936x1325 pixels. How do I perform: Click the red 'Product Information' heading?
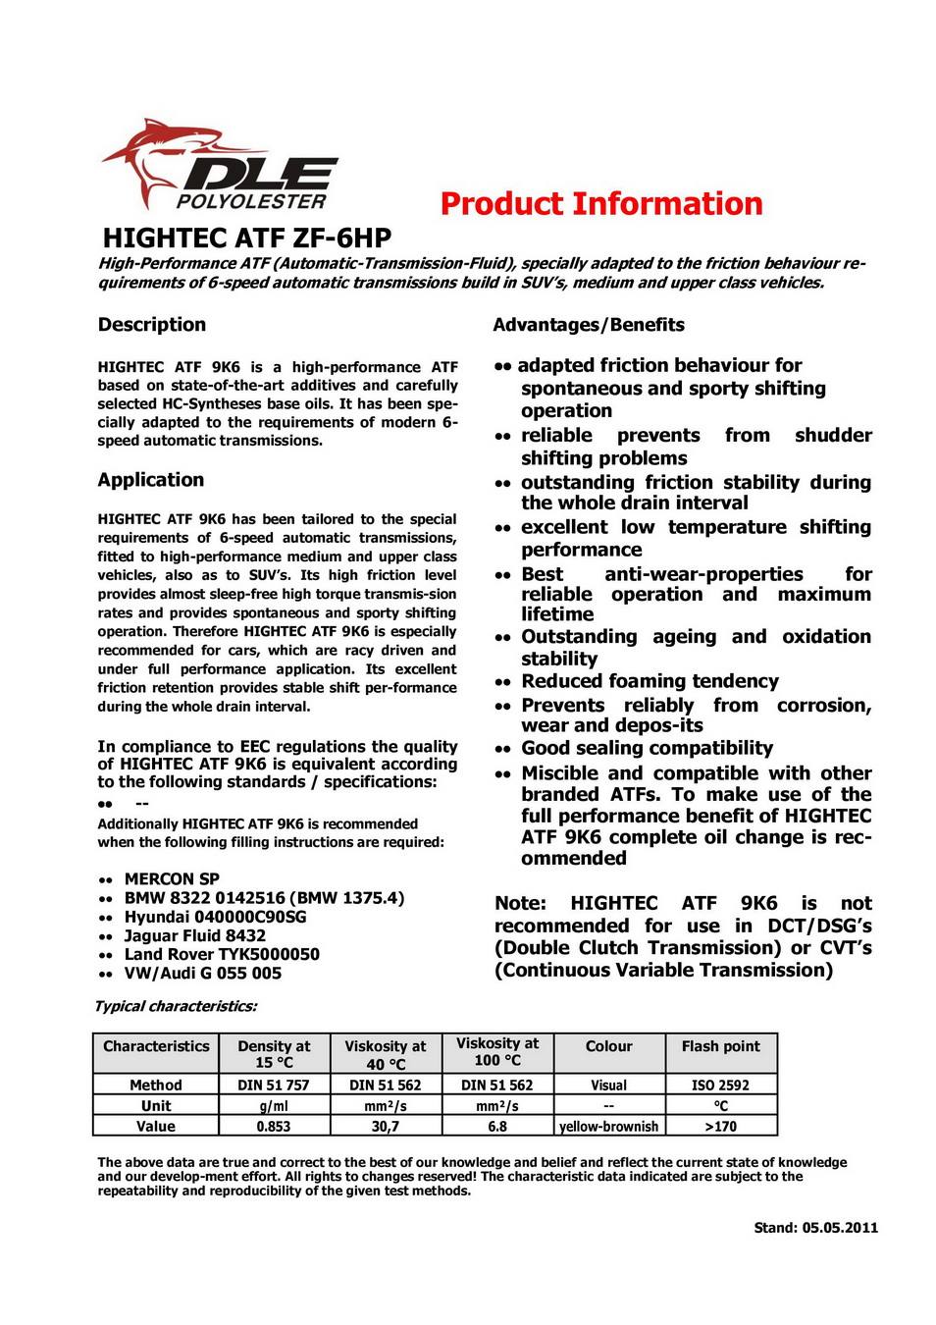[600, 204]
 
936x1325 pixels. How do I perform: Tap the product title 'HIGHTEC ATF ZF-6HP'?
[246, 238]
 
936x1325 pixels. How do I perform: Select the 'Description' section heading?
[152, 325]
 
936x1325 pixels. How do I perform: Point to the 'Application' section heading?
[151, 480]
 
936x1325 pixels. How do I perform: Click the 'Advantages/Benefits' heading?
[589, 325]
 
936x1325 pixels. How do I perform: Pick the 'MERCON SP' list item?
[172, 879]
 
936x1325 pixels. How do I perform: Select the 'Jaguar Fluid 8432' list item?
[194, 935]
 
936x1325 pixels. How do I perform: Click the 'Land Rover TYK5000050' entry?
[222, 954]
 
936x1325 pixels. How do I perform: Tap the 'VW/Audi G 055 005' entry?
[203, 974]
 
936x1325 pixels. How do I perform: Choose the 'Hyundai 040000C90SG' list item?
[215, 917]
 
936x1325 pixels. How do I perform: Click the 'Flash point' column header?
[720, 1046]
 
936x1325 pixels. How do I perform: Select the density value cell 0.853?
[274, 1127]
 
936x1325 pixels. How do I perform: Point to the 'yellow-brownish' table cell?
[608, 1127]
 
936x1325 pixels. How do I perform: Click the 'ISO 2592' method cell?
[720, 1086]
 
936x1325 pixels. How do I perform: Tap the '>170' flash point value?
[720, 1127]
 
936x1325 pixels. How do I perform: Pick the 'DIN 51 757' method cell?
[274, 1086]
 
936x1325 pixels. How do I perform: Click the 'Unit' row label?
[156, 1106]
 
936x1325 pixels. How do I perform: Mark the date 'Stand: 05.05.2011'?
[815, 1228]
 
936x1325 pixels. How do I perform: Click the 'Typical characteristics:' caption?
[176, 1006]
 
